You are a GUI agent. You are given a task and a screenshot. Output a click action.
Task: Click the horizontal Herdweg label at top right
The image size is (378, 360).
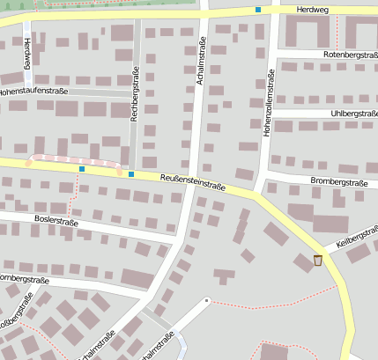pos(312,9)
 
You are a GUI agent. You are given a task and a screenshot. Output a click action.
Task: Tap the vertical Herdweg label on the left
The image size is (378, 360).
pos(27,54)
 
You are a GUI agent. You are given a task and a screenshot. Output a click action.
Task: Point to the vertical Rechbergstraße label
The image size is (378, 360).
pos(135,94)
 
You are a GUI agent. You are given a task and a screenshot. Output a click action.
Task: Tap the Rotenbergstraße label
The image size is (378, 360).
pos(338,55)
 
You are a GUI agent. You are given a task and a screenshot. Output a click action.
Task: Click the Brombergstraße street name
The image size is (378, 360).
pos(338,182)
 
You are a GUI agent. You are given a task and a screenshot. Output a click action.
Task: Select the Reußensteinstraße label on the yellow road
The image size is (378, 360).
pos(193,181)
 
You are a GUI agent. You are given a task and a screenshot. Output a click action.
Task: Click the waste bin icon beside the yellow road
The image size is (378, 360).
pos(318,260)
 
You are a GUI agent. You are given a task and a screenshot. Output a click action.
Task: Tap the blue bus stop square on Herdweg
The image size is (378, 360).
pos(258,10)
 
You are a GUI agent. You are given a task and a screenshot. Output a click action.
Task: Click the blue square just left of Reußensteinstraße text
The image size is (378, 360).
pos(131,174)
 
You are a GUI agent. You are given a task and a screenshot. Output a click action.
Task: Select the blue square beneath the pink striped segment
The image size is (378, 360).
pos(82,169)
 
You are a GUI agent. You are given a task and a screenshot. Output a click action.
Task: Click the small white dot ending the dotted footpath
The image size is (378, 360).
pos(207,300)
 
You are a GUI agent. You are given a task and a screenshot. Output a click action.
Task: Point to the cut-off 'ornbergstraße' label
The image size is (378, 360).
pos(23,279)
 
